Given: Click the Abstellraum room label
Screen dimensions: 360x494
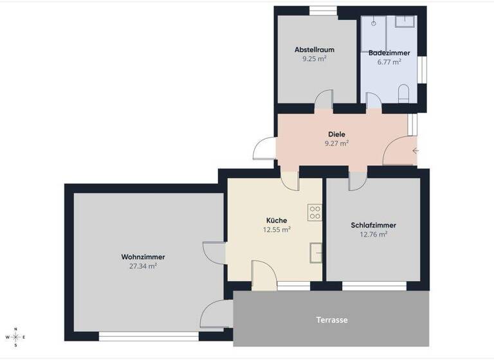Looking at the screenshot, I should click(314, 50).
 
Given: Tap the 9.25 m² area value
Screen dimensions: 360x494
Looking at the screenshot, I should click(314, 59).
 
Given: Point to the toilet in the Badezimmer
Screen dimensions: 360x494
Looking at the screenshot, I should click(403, 94).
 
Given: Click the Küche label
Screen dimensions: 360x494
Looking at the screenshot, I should click(277, 220).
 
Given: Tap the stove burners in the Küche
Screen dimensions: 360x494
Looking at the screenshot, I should click(315, 212).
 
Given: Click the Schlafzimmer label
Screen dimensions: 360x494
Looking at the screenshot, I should click(373, 226).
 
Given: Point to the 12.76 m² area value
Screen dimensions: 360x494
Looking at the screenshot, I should click(373, 235).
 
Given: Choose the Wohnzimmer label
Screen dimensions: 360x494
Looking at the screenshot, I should click(138, 256).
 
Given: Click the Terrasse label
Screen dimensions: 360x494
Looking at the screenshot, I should click(332, 319).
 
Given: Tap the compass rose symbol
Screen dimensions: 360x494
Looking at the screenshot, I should click(15, 337).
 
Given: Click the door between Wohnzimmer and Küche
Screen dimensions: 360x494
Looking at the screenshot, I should click(215, 252).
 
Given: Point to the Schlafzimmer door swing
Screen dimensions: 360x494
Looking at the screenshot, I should click(356, 182).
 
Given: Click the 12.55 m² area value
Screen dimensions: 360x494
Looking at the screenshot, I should click(277, 230).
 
